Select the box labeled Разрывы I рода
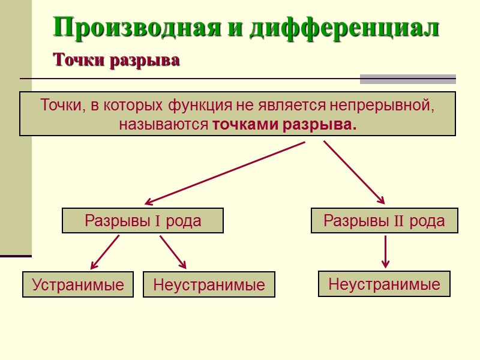pyautogui.click(x=143, y=221)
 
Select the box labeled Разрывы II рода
pyautogui.click(x=384, y=221)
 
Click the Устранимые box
pyautogui.click(x=78, y=284)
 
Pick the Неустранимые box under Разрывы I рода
pyautogui.click(x=209, y=284)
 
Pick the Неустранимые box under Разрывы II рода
pyautogui.click(x=384, y=284)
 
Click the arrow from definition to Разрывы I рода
pyautogui.click(x=225, y=173)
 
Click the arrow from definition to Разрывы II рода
pyautogui.click(x=354, y=173)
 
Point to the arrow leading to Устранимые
pyautogui.click(x=104, y=252)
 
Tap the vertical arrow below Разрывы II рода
pyautogui.click(x=385, y=252)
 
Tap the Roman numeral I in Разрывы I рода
pyautogui.click(x=157, y=221)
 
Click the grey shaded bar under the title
pyautogui.click(x=407, y=79)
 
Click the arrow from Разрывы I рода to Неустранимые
pyautogui.click(x=173, y=252)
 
